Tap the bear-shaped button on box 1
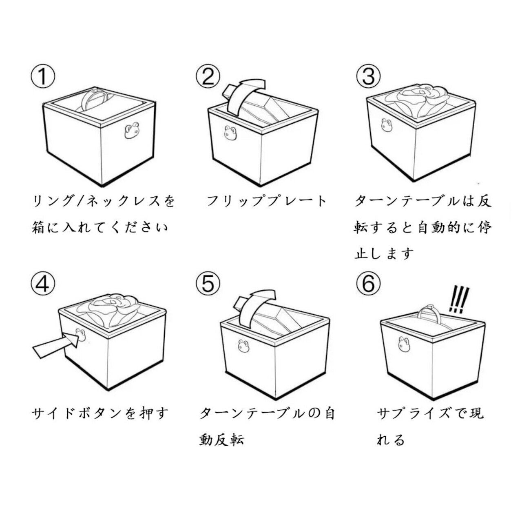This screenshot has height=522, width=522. coord(132,131)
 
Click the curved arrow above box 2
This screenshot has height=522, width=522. coord(246,95)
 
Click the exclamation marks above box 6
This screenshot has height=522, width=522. coord(459,299)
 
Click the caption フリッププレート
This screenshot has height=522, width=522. coord(267,202)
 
